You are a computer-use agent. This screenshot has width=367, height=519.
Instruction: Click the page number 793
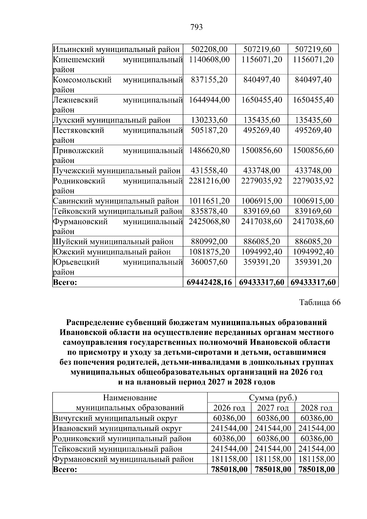coord(196,28)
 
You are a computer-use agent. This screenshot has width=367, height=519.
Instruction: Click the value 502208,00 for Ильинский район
coord(209,49)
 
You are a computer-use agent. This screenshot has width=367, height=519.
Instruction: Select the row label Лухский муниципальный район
coord(112,120)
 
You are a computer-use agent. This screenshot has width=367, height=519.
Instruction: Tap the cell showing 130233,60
coord(209,120)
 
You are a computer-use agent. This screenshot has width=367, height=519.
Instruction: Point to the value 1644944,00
coord(209,100)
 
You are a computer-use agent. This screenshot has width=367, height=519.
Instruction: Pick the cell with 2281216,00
coord(209,181)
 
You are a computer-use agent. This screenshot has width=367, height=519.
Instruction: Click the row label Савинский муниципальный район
coord(116,201)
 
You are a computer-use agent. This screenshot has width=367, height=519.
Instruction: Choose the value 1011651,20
coord(209,201)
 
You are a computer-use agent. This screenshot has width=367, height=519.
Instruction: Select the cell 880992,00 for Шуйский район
coord(209,242)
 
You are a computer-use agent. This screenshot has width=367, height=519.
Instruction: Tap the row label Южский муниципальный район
coord(112,252)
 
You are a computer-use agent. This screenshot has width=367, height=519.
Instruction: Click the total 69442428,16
coord(209,282)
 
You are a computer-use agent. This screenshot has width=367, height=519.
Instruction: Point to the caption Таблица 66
coord(320,302)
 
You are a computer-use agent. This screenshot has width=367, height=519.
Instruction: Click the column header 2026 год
coord(229,408)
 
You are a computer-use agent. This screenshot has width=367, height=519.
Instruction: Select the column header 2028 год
coord(317,408)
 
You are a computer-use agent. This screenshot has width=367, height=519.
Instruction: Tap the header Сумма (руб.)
coord(273,398)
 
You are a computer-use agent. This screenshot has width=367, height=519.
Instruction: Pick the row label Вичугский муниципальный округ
coord(115,418)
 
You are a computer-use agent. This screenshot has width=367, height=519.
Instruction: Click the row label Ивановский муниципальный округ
coord(118,428)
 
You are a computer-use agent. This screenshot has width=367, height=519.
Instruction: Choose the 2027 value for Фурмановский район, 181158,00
coord(273,459)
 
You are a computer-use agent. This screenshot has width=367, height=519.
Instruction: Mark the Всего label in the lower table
coord(65,469)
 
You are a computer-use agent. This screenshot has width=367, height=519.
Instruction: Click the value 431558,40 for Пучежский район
coord(209,171)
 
